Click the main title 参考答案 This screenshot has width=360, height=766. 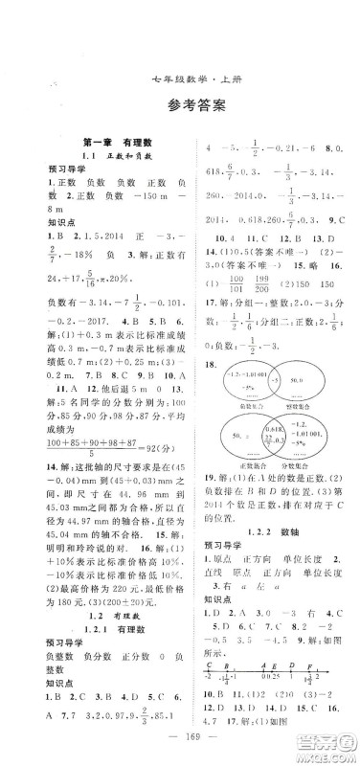(x=180, y=80)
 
